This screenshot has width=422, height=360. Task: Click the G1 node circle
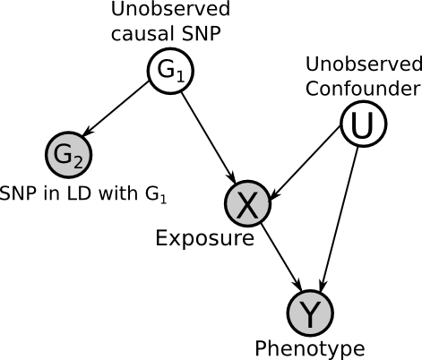[x=170, y=71]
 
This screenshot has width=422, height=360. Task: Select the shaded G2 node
[x=68, y=155]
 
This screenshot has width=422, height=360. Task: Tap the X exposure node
[x=247, y=203]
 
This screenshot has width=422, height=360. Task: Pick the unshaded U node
[x=364, y=124]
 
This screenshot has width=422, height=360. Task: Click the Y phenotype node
[x=310, y=313]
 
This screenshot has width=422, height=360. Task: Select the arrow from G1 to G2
[x=116, y=109]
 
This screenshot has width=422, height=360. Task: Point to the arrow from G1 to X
[x=209, y=138]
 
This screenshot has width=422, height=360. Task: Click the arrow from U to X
[x=305, y=162]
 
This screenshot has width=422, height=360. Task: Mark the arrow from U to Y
[x=339, y=219]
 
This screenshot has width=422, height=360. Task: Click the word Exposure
[x=205, y=238]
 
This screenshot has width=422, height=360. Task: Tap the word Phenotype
[x=310, y=348]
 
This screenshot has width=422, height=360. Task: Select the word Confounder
[x=363, y=89]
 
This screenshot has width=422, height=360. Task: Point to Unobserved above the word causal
[x=170, y=8]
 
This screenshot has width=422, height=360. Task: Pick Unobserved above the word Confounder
[x=364, y=64]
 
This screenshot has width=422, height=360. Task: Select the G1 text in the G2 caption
[x=156, y=194]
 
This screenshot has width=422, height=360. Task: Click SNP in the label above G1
[x=201, y=33]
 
